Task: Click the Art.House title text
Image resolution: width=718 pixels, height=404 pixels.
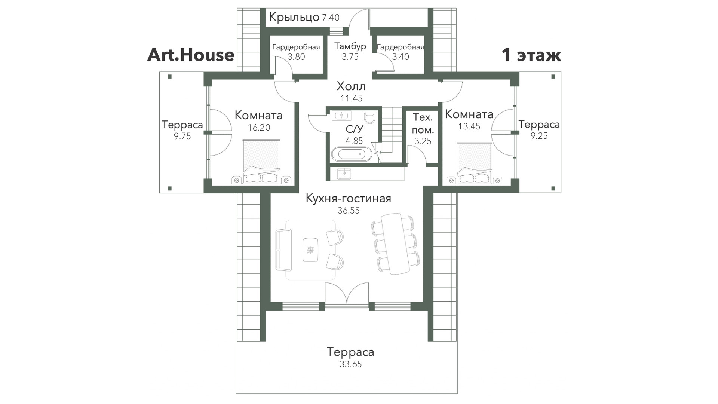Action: click(191, 55)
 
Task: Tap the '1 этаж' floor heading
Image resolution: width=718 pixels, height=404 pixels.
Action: click(531, 55)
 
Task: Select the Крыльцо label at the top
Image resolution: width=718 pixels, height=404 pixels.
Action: click(294, 17)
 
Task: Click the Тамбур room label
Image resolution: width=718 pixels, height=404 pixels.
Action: click(350, 46)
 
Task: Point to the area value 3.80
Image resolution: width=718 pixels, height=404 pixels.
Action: click(296, 57)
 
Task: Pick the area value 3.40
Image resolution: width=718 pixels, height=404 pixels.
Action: click(401, 57)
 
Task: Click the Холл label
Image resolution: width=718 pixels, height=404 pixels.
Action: click(351, 86)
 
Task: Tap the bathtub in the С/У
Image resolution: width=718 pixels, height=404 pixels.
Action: click(352, 154)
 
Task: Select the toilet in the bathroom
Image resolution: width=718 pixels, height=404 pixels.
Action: click(370, 117)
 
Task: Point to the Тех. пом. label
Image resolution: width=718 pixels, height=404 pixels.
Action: click(423, 124)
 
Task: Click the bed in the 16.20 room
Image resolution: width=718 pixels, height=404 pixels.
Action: click(261, 161)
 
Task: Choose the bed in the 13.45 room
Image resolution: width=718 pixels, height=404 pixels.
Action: click(474, 163)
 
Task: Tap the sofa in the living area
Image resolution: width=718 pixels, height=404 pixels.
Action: click(283, 250)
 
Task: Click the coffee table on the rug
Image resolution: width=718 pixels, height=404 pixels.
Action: click(310, 250)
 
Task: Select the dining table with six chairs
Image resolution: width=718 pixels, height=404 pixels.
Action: click(395, 244)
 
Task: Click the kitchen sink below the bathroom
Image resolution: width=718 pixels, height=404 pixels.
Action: click(344, 174)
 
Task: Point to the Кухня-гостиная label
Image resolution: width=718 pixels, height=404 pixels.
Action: click(349, 198)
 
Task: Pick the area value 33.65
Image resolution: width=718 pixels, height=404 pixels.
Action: click(351, 364)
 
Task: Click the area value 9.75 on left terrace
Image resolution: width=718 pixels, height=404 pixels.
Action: click(182, 136)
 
